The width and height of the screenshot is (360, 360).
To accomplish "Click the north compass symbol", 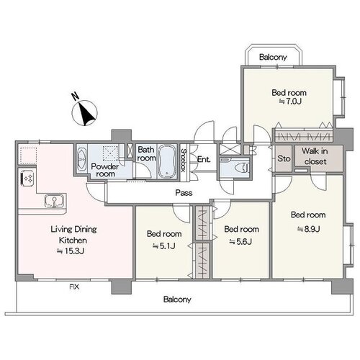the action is [x=84, y=112].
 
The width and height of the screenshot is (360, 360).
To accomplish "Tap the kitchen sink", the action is [x=55, y=201].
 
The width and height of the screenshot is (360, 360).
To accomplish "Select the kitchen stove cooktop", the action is [x=27, y=178].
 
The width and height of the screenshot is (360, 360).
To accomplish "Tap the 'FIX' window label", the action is [x=74, y=287].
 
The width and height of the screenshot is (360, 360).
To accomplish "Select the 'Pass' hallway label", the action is [x=184, y=193].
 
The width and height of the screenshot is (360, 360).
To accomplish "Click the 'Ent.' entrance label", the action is [x=204, y=159].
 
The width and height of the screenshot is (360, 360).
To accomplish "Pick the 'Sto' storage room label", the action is [x=284, y=158].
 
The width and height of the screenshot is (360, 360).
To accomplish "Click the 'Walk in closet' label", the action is [x=315, y=156].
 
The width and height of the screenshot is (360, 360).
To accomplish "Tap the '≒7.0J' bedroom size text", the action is [x=289, y=102].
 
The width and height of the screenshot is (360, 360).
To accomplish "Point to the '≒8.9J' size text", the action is [x=309, y=229].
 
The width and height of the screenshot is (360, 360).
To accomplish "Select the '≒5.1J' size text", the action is [x=164, y=246].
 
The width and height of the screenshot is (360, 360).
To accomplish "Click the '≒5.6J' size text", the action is [x=240, y=241].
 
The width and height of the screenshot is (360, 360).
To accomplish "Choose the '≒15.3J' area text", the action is [x=71, y=251].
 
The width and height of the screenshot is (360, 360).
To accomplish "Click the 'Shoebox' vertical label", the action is [x=184, y=161].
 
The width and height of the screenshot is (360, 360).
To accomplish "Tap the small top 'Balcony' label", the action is [x=273, y=57].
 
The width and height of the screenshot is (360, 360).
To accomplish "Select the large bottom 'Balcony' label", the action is [x=177, y=300].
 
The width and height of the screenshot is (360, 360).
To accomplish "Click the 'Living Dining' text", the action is [x=73, y=229].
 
